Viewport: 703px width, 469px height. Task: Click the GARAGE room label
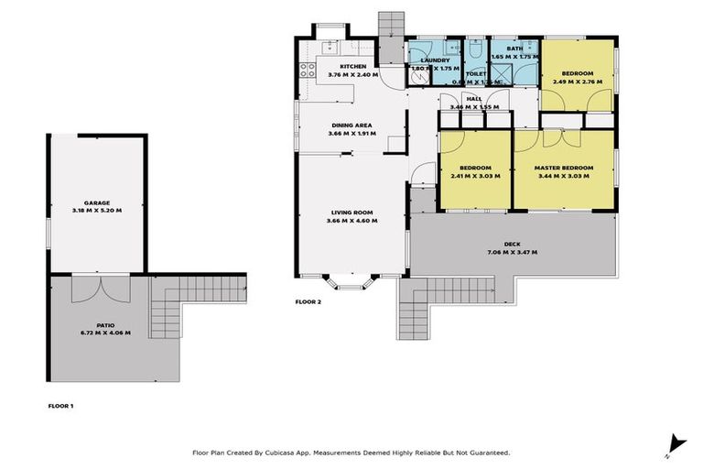click(x=97, y=202)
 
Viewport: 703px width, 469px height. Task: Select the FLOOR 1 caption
click(x=60, y=405)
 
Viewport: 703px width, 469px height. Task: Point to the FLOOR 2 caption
click(x=308, y=300)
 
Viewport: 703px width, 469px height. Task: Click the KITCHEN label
click(x=353, y=67)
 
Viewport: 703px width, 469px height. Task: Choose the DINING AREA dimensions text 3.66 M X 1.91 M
click(x=352, y=134)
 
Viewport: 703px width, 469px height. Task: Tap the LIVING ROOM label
click(x=352, y=213)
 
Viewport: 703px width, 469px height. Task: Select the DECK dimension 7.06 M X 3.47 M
click(x=512, y=252)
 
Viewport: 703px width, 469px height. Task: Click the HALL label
click(x=473, y=99)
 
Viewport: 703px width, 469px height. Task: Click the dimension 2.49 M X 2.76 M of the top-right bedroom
click(x=578, y=82)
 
